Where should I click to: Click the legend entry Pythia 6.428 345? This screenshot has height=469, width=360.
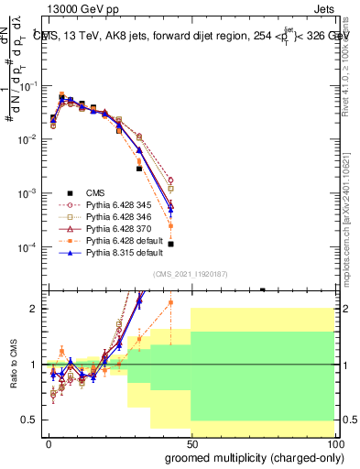click(102, 206)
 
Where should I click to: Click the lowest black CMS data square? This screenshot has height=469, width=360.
click(171, 244)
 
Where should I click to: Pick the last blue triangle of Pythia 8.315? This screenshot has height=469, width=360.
click(171, 210)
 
